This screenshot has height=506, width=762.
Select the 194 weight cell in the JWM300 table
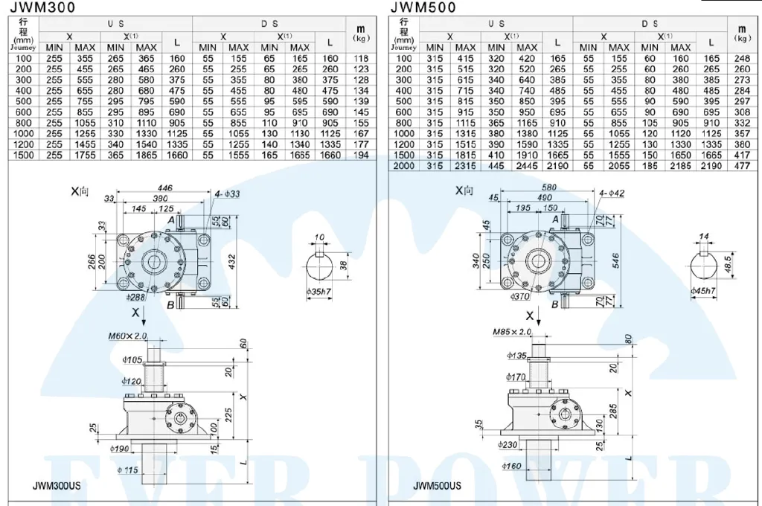(361, 156)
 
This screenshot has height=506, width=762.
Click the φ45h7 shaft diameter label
(703, 290)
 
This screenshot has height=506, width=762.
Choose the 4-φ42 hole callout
(612, 192)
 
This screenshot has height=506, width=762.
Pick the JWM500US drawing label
(437, 486)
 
